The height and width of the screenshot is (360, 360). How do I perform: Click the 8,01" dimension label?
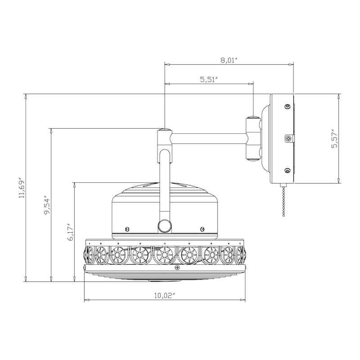(229, 60)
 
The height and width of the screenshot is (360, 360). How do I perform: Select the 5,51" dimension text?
(209, 79)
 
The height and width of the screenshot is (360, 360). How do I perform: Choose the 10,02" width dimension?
(164, 295)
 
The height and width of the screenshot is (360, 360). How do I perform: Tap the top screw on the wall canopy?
(288, 107)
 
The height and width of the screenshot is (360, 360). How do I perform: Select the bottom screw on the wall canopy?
(288, 170)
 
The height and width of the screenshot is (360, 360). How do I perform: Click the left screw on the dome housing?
(127, 229)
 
